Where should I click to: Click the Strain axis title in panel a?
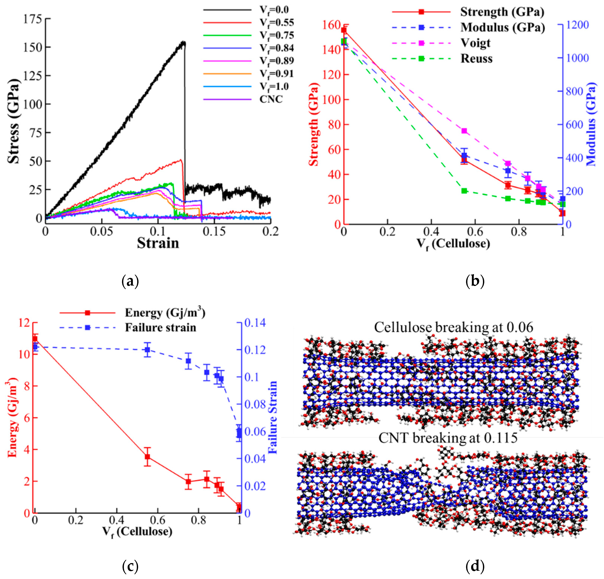point(158,243)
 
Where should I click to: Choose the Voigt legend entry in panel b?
point(475,43)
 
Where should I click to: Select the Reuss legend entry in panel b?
point(476,58)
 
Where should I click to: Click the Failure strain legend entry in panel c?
point(160,327)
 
